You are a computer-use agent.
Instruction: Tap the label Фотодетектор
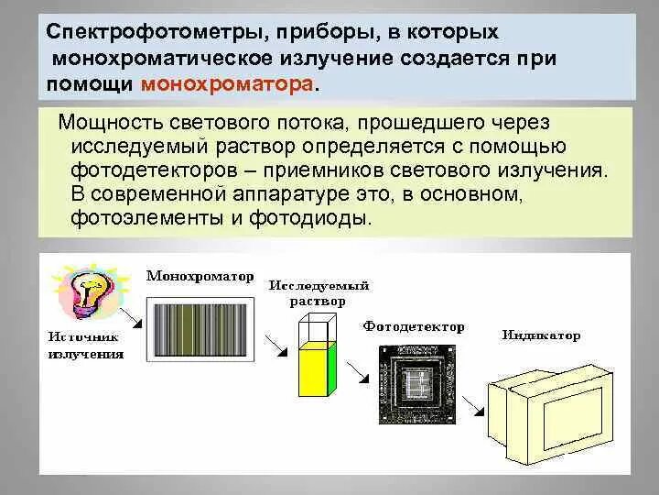point(413,326)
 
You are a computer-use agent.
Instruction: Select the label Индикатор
point(540,335)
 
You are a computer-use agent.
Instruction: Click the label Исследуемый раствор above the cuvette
point(307,293)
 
